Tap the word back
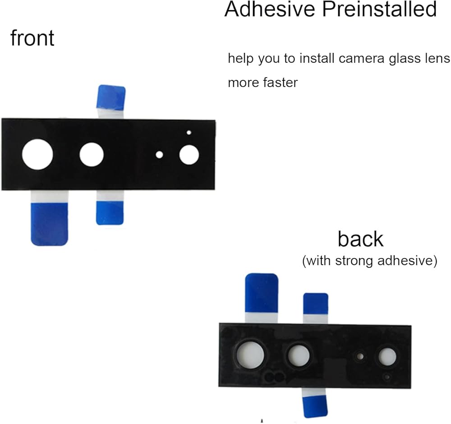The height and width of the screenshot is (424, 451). [x=360, y=239]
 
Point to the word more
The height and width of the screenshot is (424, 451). [x=243, y=83]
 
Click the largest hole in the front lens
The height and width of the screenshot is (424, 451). [x=37, y=154]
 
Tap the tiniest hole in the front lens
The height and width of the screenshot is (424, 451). [x=189, y=133]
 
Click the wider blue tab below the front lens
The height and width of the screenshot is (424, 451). [x=49, y=224]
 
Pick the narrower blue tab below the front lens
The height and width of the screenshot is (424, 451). [x=110, y=212]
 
